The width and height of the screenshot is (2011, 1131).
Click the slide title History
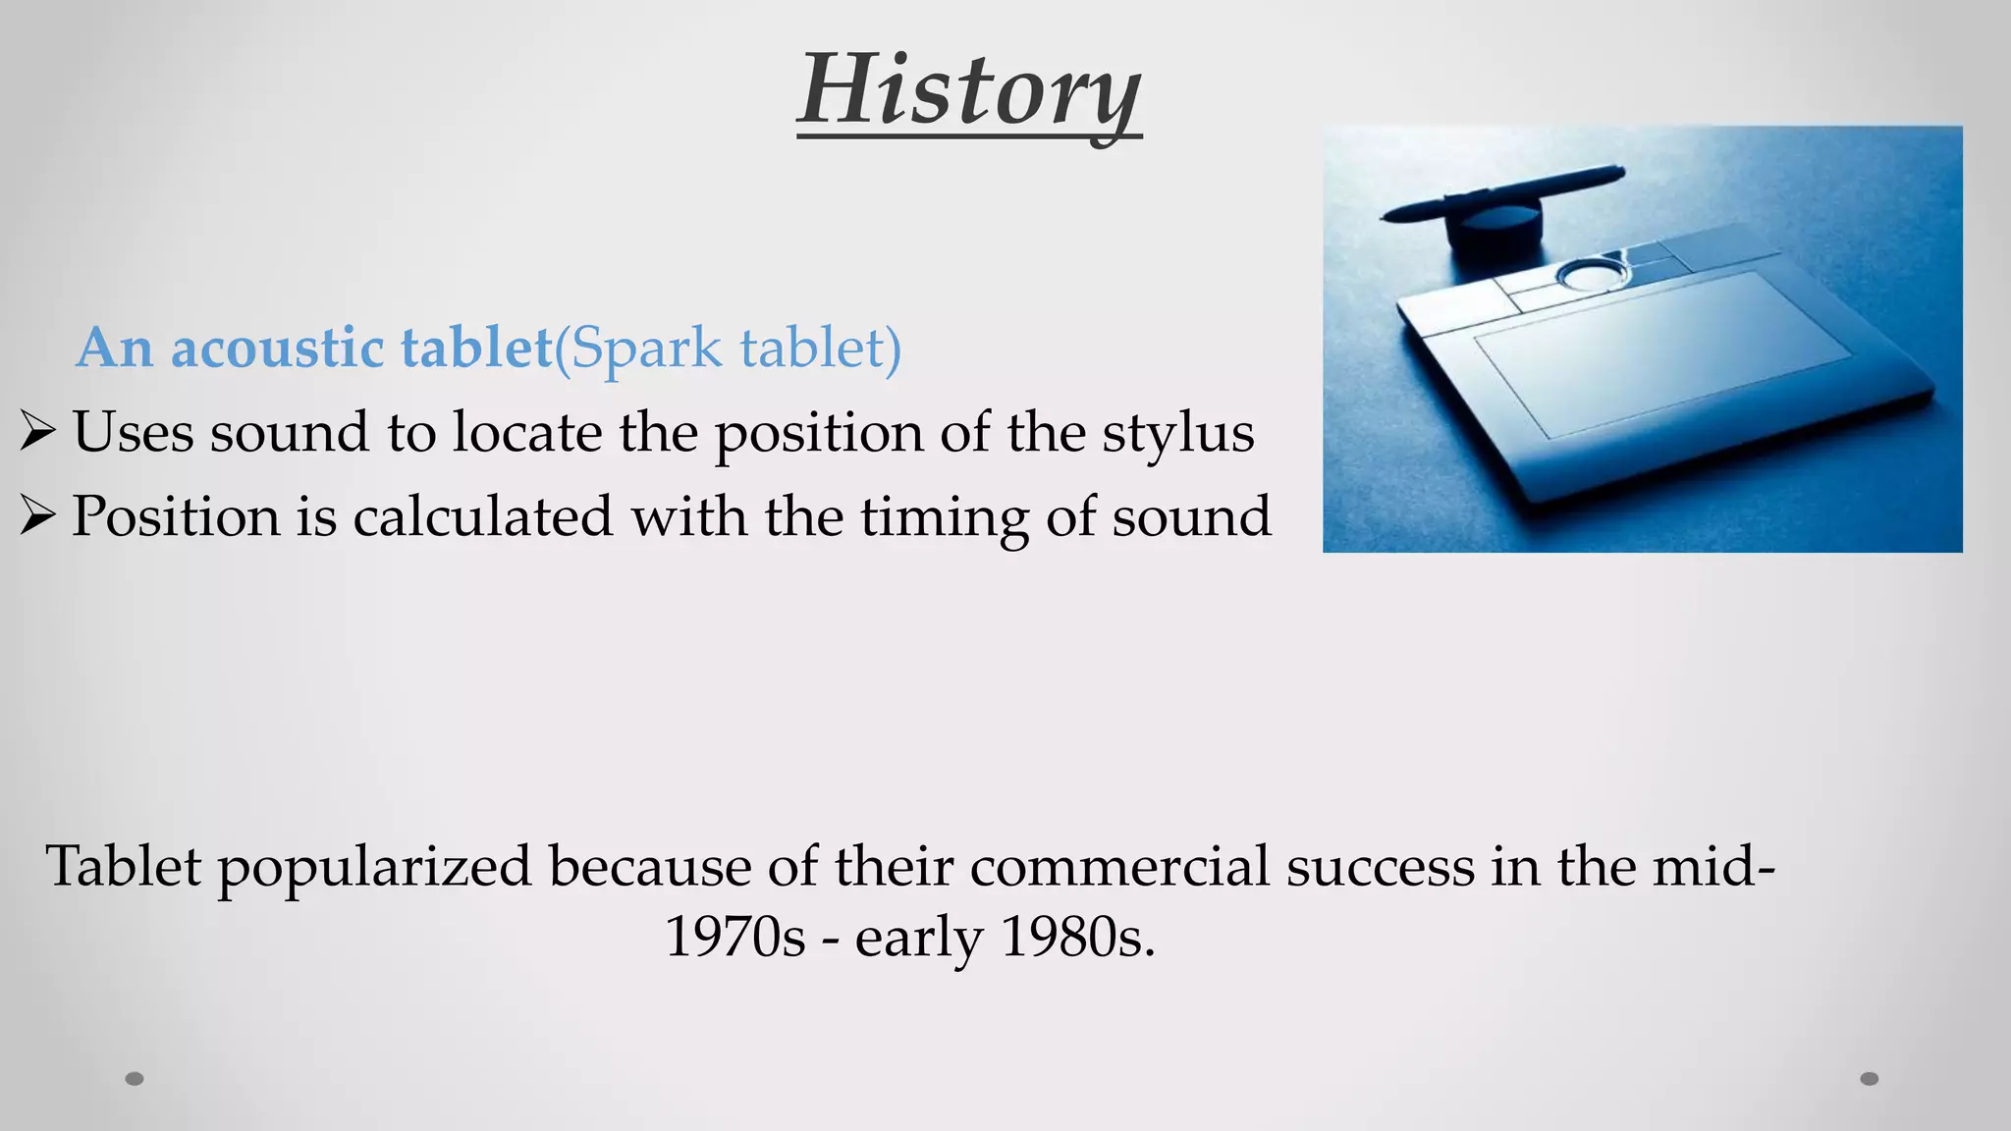coord(968,90)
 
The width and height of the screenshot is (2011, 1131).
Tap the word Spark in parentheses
coord(646,348)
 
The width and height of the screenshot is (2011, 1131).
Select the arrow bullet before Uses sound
coord(36,432)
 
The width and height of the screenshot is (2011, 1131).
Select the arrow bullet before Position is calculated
coord(36,516)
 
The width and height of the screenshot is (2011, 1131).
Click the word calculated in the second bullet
coord(482,517)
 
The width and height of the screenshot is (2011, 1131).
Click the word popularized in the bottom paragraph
coord(374,868)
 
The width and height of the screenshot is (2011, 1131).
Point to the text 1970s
coord(734,938)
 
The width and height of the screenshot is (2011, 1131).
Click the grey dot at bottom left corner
coord(135,1079)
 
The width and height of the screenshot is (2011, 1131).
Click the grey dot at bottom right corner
coord(1870,1079)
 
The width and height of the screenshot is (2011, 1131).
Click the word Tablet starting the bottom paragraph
coord(123,867)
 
